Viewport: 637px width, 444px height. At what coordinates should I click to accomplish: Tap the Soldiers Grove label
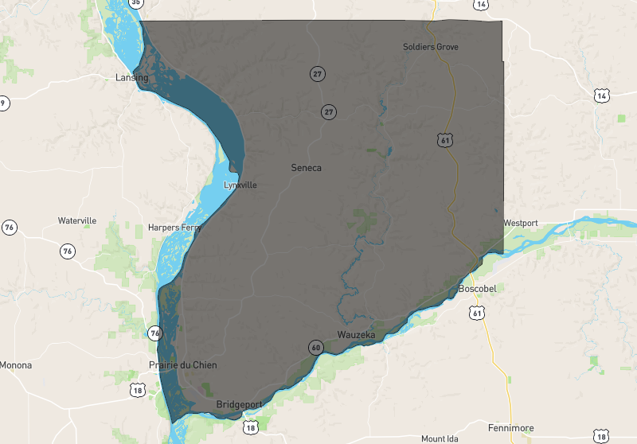click(430, 47)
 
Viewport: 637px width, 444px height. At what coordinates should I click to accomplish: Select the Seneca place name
click(306, 168)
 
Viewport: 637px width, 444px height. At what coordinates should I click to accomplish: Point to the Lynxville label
click(240, 185)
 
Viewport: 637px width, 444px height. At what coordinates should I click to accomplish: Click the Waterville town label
click(77, 220)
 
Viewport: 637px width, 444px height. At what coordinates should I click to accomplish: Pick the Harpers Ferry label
click(174, 228)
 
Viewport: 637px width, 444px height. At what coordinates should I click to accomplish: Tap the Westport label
click(521, 223)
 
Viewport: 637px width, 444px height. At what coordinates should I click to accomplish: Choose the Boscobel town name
click(478, 288)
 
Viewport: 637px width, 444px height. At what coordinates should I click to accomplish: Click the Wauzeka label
click(355, 335)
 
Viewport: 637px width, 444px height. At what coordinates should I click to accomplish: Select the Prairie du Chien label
click(182, 365)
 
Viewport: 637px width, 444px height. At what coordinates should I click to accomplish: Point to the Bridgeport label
click(240, 405)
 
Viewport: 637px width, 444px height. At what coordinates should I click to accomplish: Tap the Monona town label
click(16, 365)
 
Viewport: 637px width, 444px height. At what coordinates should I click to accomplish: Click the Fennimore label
click(510, 428)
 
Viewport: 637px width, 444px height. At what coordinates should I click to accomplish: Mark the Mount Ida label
click(440, 438)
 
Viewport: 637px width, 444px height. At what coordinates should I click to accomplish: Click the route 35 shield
click(136, 3)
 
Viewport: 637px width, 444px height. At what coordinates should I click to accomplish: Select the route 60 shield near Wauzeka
click(316, 347)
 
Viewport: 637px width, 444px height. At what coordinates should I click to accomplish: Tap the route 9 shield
click(3, 102)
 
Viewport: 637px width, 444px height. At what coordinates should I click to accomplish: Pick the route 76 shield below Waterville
click(67, 251)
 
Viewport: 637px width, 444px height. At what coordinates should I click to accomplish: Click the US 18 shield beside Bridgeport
click(252, 427)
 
